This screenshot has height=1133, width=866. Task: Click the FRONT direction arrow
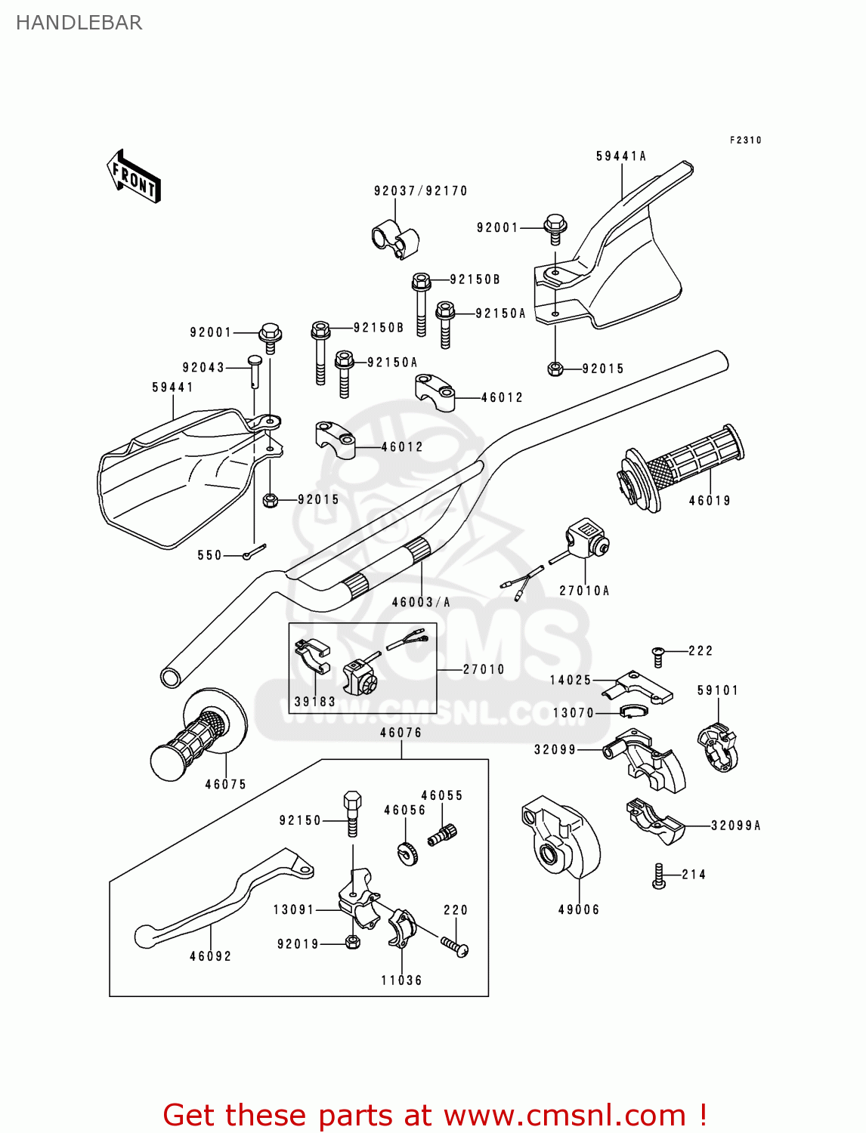tap(134, 176)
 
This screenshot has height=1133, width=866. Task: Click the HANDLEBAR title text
tap(79, 23)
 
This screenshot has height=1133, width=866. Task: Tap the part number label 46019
tap(709, 500)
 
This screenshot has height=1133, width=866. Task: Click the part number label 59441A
tap(620, 156)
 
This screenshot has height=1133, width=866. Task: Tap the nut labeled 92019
tap(351, 942)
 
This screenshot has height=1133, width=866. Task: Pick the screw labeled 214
tap(658, 876)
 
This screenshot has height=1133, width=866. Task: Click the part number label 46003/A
tap(421, 602)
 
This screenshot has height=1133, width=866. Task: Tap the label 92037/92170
tap(420, 191)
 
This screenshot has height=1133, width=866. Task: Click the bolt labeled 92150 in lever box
tap(352, 813)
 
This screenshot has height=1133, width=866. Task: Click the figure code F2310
tap(745, 140)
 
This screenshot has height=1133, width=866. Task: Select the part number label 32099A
tap(735, 826)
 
